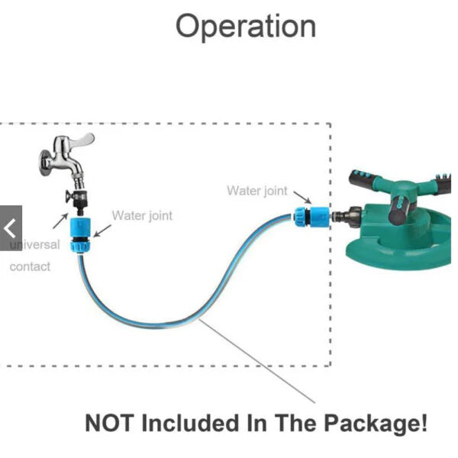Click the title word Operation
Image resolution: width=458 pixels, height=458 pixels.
pyautogui.click(x=245, y=27)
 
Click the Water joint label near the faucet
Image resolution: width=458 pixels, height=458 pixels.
pyautogui.click(x=142, y=215)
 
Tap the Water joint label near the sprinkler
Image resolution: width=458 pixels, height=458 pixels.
pyautogui.click(x=256, y=191)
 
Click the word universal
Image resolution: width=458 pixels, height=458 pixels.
pyautogui.click(x=35, y=245)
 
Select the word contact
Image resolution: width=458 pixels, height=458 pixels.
pyautogui.click(x=30, y=266)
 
